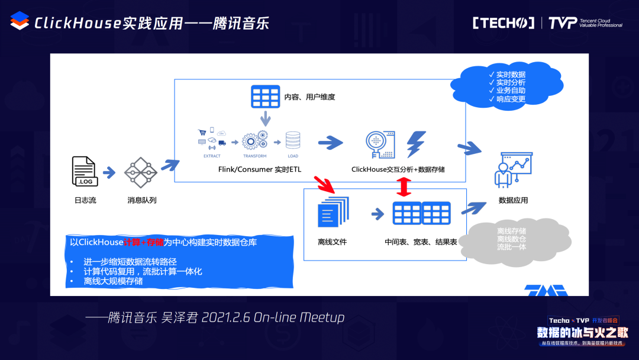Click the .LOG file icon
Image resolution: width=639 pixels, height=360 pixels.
click(83, 172)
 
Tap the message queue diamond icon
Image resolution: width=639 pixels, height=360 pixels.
click(141, 173)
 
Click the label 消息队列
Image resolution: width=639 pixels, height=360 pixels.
click(142, 200)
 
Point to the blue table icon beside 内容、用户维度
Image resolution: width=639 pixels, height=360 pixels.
click(265, 96)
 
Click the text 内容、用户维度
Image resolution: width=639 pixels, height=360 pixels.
click(310, 96)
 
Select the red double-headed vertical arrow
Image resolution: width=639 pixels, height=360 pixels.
click(404, 188)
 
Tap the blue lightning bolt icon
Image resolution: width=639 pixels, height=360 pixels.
click(416, 144)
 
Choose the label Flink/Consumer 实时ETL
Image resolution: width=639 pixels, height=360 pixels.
click(260, 169)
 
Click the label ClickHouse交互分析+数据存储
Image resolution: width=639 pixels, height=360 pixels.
click(398, 169)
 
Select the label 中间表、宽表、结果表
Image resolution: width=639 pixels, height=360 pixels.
click(420, 242)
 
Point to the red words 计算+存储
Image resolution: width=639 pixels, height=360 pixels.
click(143, 242)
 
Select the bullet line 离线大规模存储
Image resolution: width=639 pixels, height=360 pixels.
click(113, 281)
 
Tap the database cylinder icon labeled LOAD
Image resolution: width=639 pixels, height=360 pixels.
click(292, 141)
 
